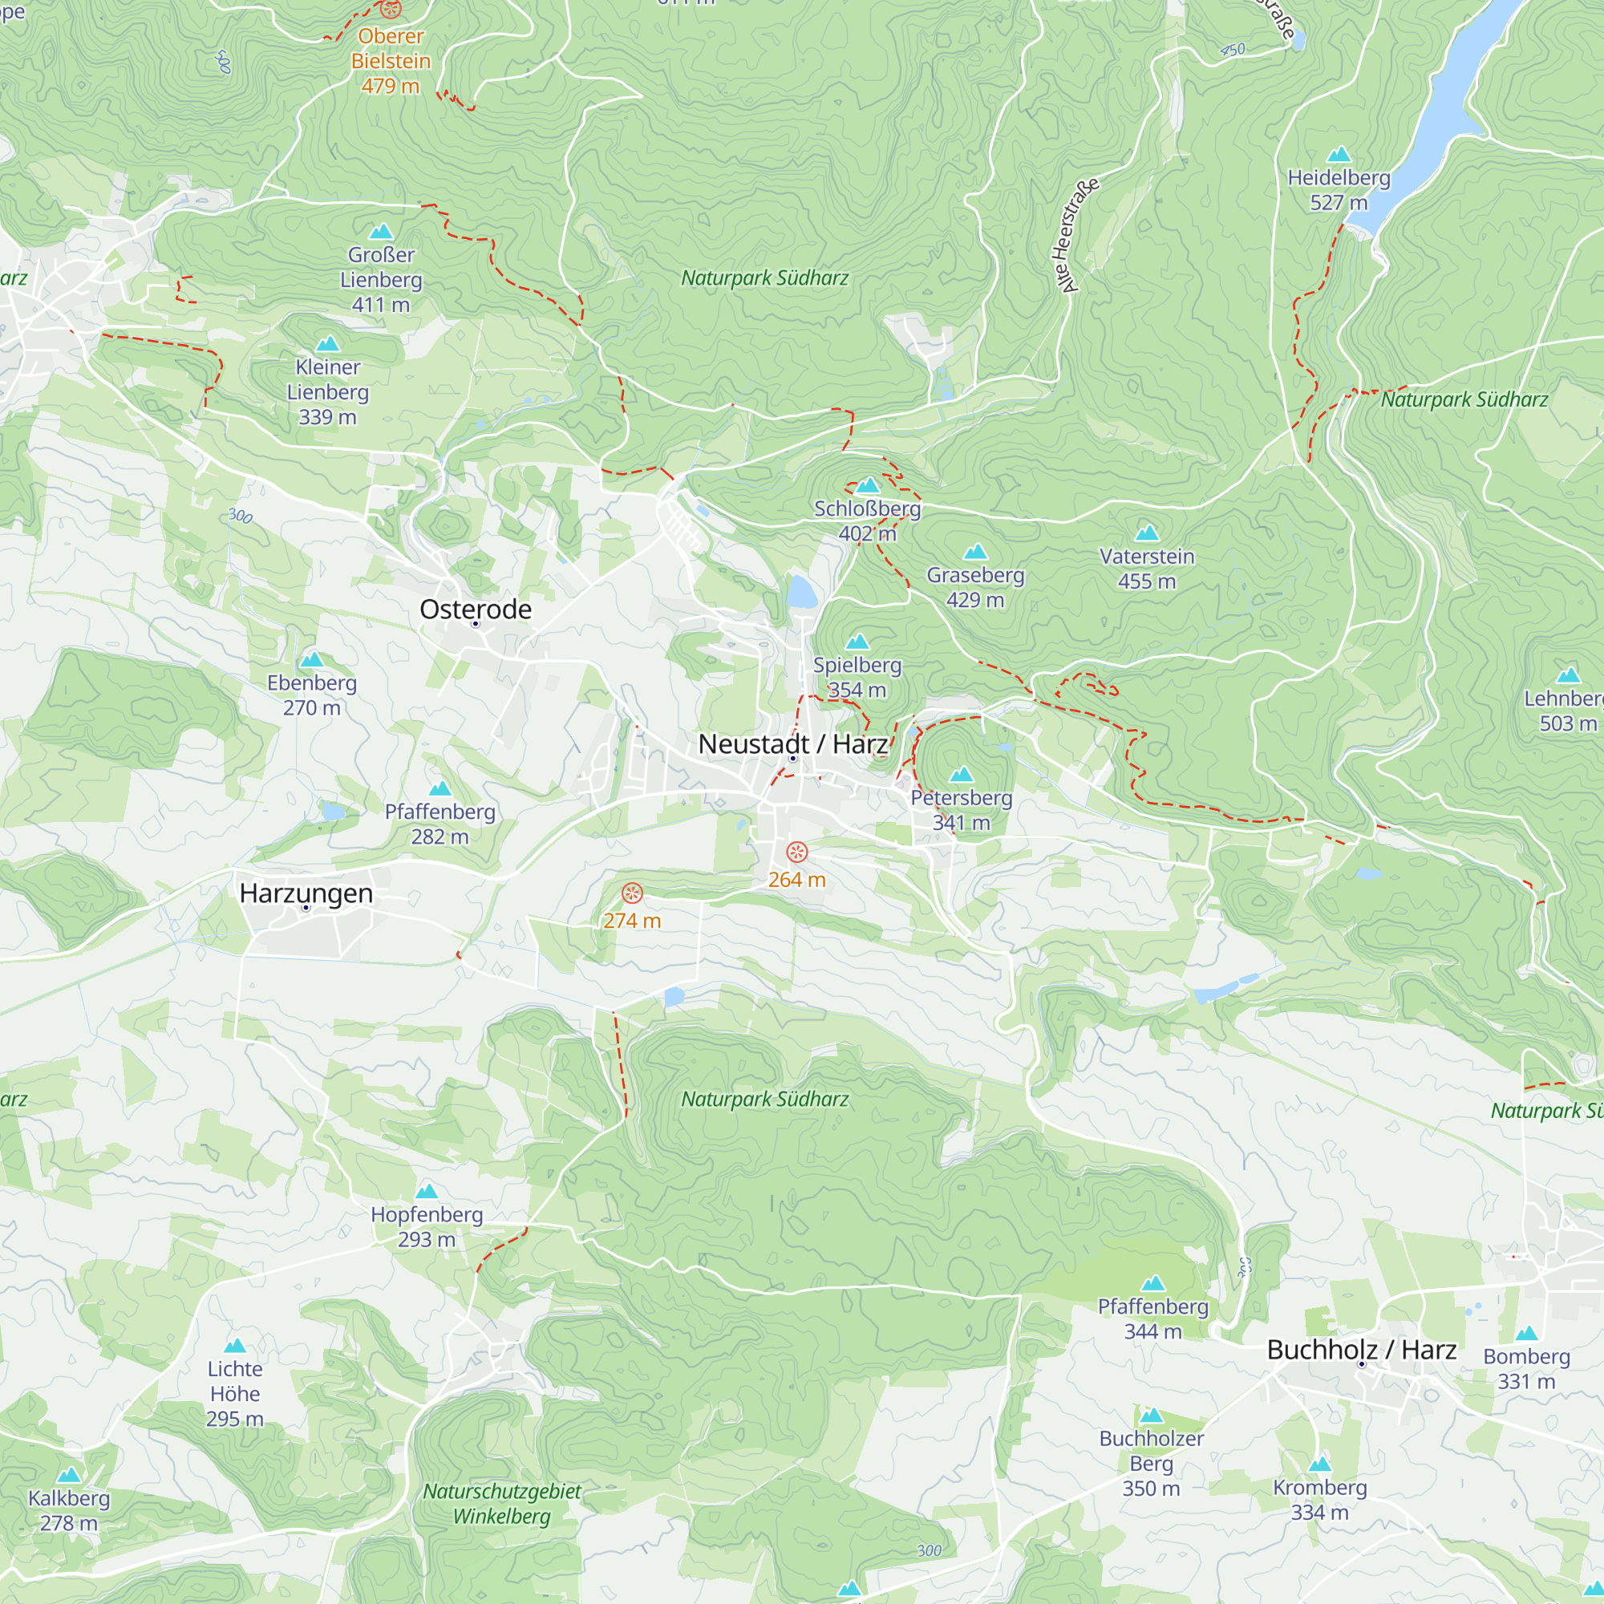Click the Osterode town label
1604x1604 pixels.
click(x=475, y=610)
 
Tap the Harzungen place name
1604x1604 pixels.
click(x=306, y=893)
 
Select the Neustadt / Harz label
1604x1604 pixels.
click(x=792, y=744)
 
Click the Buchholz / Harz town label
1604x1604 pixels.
click(x=1361, y=1350)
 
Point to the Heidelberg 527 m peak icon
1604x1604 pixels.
click(x=1339, y=155)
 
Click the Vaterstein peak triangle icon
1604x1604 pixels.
click(x=1147, y=533)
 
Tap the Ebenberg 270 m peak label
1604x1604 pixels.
click(x=311, y=695)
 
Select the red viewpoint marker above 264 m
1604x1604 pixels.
click(x=796, y=852)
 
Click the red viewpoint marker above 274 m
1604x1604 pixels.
click(x=632, y=893)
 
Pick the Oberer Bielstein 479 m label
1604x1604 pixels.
click(x=391, y=61)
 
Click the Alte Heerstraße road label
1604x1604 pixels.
click(x=1078, y=236)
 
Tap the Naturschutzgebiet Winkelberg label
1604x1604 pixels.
click(x=501, y=1504)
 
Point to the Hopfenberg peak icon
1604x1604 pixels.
click(x=426, y=1192)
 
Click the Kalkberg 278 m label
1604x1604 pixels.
click(x=69, y=1510)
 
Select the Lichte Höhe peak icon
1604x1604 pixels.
click(x=235, y=1346)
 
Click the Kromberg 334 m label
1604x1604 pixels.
click(x=1319, y=1500)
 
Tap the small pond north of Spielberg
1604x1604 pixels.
click(x=801, y=593)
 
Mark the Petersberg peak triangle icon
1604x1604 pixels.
click(x=961, y=775)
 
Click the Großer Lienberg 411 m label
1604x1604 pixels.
click(x=380, y=279)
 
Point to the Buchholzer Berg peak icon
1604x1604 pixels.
click(x=1151, y=1416)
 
